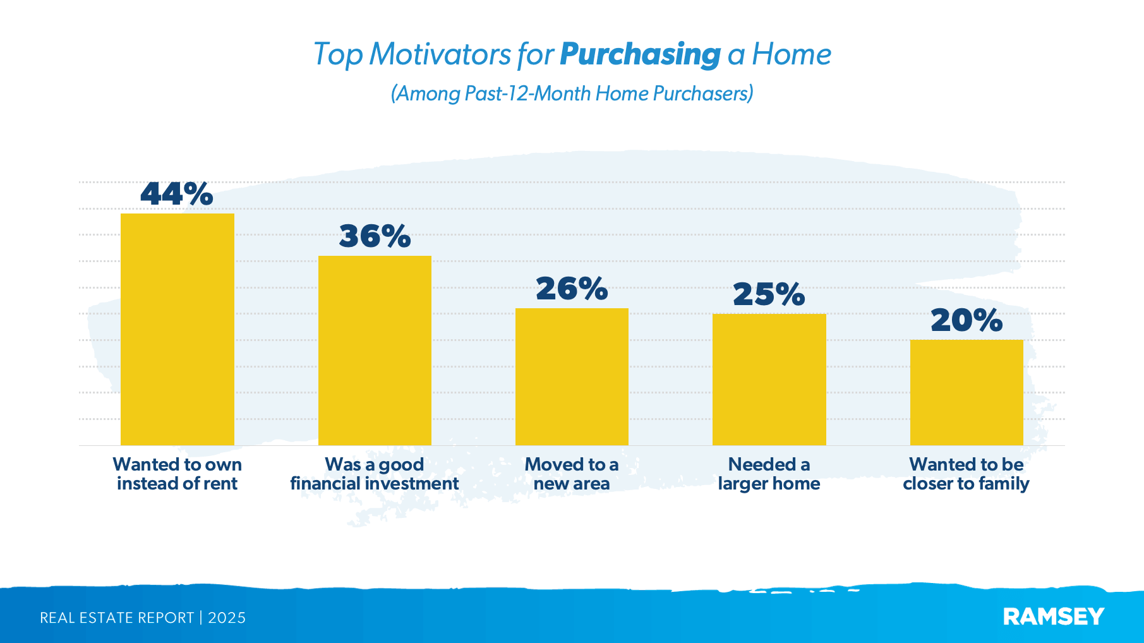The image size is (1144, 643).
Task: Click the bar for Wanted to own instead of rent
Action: [177, 329]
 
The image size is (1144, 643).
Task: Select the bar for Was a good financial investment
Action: [375, 351]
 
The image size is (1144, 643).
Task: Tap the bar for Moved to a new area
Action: [572, 376]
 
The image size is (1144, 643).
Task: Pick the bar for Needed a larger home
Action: [769, 379]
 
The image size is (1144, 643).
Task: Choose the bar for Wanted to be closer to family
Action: [966, 392]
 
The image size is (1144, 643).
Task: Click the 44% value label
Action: [177, 194]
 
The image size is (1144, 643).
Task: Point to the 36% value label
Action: [375, 236]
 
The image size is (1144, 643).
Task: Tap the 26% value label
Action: [572, 289]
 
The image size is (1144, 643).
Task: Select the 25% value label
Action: [769, 294]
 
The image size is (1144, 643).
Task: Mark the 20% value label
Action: [966, 320]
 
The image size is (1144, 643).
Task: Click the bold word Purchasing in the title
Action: [640, 55]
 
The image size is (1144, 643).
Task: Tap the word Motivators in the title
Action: [440, 54]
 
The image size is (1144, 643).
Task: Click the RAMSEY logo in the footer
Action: [1053, 616]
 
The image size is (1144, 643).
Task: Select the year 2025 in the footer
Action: [227, 618]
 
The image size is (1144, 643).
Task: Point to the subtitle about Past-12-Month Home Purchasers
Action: [572, 93]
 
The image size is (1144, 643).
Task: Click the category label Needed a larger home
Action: [769, 474]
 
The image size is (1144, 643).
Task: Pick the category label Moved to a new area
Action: [572, 474]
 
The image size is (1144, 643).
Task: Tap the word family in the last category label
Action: [1004, 484]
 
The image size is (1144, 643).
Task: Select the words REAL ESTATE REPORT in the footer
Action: [117, 618]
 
